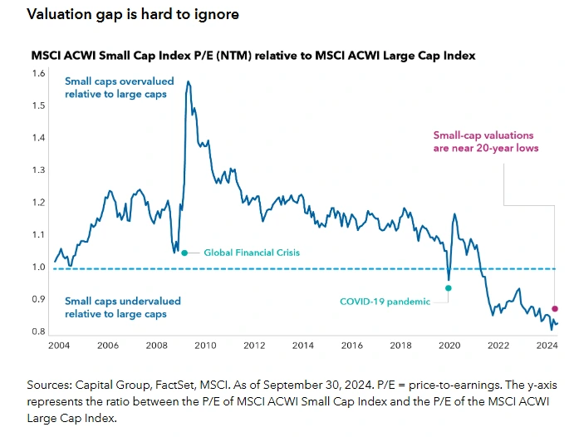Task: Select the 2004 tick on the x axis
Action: (x=58, y=344)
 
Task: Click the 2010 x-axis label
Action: (x=205, y=344)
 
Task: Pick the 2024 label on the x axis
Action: (x=547, y=344)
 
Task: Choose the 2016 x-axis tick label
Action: (x=351, y=344)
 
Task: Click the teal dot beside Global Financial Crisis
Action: (x=184, y=253)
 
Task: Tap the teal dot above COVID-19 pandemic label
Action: (x=449, y=288)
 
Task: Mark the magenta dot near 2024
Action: (x=555, y=308)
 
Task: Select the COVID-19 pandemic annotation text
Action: (x=385, y=302)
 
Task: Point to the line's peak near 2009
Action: (x=189, y=81)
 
